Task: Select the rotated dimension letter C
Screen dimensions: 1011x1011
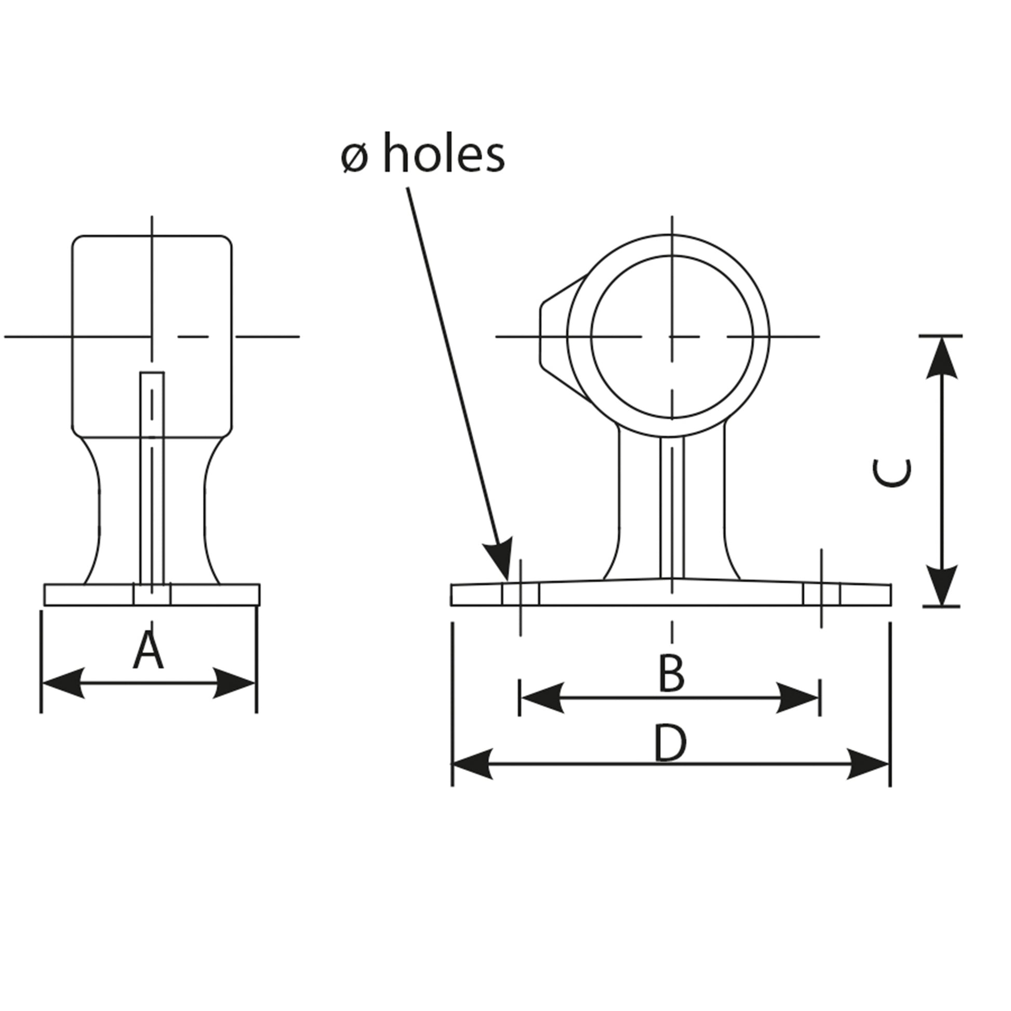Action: click(892, 473)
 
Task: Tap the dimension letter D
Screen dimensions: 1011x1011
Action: click(670, 744)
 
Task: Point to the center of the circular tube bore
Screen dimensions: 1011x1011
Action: click(672, 337)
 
